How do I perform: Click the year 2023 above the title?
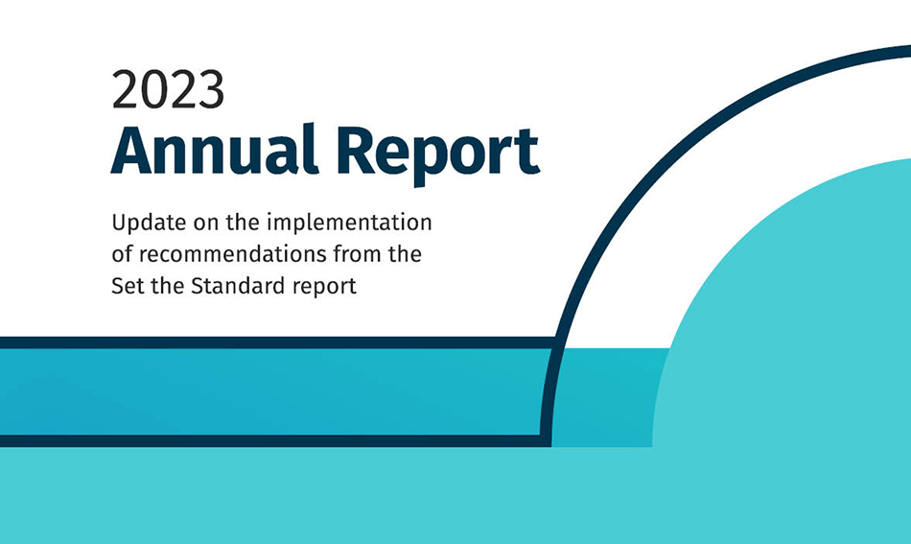(x=168, y=89)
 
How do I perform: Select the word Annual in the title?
(x=215, y=150)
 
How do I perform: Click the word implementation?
(x=349, y=223)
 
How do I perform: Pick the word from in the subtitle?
(x=354, y=254)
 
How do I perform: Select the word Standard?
(x=238, y=286)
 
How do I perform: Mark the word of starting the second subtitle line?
(x=122, y=254)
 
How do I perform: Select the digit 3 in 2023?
(x=211, y=89)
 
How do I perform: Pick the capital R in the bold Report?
(x=355, y=150)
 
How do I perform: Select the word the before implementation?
(x=243, y=223)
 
